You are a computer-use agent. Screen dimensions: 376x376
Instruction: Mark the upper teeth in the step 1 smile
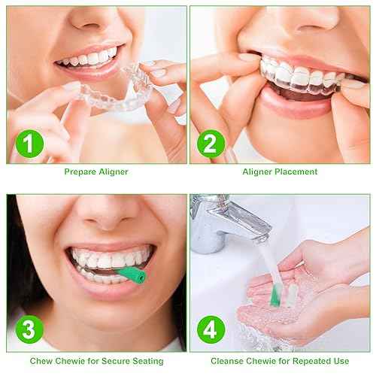point(90,56)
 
